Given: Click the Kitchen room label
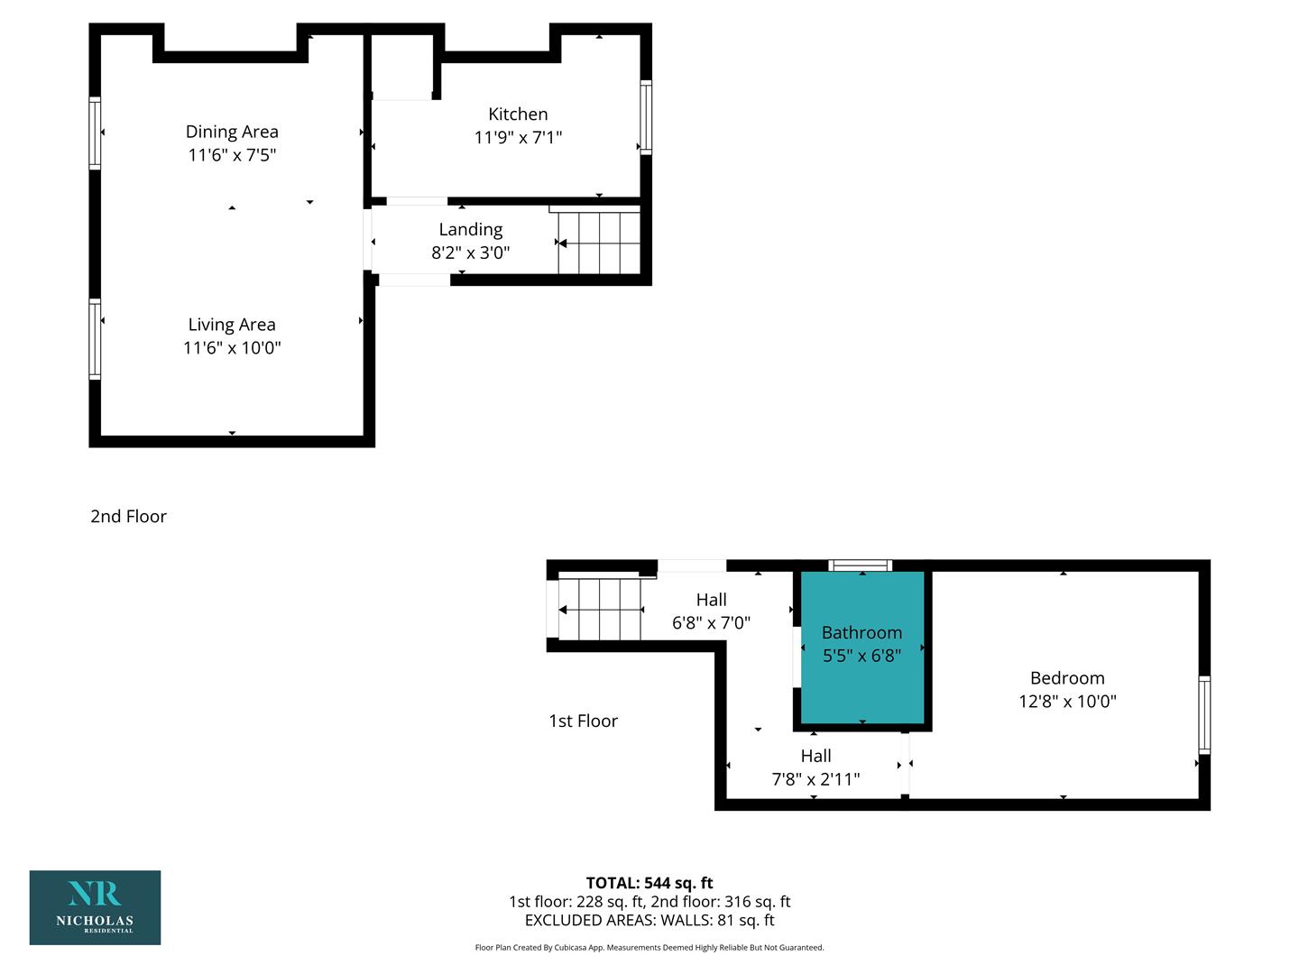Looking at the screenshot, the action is point(517,115).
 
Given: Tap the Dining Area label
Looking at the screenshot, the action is point(232,132).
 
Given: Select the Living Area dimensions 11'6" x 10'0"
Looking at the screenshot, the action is point(232,348).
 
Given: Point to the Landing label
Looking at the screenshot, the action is point(471,230).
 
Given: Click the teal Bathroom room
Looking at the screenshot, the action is point(862,647).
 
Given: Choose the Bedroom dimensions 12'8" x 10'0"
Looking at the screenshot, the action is point(1067,702).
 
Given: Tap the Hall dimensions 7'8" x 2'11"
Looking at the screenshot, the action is point(815,779).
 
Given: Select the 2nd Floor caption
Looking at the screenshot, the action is point(128,516).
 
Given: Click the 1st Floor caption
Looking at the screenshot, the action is point(583,721).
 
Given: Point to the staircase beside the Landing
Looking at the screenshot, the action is point(599,243).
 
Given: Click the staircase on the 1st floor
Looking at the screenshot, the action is point(600,609).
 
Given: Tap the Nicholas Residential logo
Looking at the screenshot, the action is point(96,907).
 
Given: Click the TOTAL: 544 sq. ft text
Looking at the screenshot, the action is point(649,883).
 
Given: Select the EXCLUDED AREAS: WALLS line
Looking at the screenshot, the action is point(649,920).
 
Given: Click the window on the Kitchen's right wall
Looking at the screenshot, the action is point(646,117).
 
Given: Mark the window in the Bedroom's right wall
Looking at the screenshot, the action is point(1204,715).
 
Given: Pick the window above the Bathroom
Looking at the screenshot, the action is point(860,565).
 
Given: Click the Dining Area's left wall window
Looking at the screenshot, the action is point(95,133).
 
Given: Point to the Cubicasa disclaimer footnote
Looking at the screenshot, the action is point(649,947).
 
